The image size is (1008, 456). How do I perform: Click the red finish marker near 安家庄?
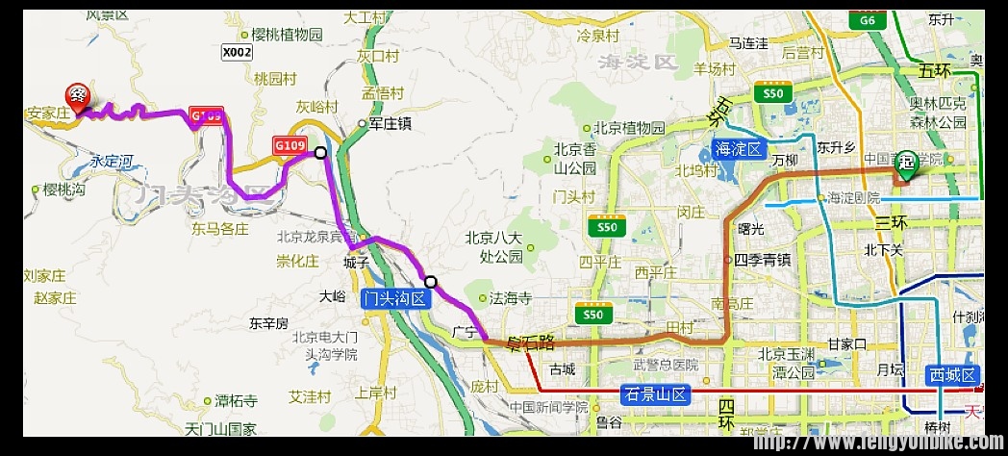78,96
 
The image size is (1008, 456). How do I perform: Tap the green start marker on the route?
907,164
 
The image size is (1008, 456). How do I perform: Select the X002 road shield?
236,53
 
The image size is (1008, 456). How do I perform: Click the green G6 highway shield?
868,20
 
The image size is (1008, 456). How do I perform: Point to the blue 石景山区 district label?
657,393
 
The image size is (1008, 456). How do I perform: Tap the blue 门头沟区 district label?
393,299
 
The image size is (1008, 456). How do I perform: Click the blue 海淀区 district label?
739,149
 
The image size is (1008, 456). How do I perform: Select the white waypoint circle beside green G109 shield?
320,152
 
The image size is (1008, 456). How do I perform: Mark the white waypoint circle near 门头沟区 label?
431,282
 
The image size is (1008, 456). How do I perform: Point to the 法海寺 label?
510,299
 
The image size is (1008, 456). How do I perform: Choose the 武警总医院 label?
664,366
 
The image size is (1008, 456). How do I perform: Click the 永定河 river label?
109,162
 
